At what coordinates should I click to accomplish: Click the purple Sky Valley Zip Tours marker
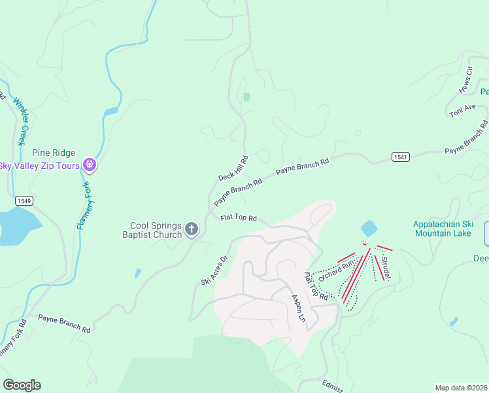coord(90,166)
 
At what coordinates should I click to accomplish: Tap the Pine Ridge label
coord(54,153)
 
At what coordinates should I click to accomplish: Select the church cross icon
coord(192,229)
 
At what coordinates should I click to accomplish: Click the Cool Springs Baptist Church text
coord(155,229)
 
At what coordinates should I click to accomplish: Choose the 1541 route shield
coord(401,157)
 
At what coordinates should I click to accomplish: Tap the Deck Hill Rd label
coord(233,168)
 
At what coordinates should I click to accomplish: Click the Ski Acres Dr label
coord(214,270)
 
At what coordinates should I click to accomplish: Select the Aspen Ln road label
coord(297,307)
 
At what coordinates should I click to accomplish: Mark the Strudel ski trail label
coord(386,269)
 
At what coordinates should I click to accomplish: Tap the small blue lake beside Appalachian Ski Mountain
coord(369,229)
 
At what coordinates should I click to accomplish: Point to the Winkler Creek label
coord(20,122)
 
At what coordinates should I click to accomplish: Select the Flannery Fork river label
coord(82,206)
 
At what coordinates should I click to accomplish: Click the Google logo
coord(22,385)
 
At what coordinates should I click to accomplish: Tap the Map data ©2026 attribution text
coord(461,388)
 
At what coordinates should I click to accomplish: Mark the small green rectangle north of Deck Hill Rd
coord(246,97)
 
